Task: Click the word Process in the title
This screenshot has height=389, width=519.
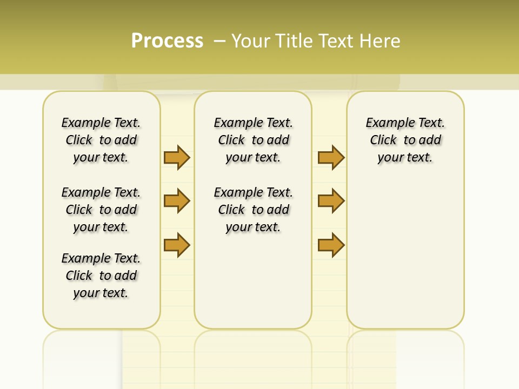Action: coord(167,41)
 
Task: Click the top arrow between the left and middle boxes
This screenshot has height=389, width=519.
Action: coord(177,157)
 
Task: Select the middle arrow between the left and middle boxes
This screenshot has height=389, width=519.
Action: coord(177,201)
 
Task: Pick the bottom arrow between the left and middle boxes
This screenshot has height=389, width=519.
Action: coord(177,245)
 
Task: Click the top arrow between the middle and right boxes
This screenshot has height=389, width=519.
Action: coord(331,157)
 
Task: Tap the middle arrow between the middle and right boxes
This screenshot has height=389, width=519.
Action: coord(331,201)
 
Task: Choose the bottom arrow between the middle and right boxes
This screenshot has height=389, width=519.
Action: coord(331,245)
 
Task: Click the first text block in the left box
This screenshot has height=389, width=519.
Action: coord(101,140)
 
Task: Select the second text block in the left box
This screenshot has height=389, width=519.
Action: coord(101,210)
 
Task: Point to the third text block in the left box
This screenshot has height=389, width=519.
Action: coord(101,276)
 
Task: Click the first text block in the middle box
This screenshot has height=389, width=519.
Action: coord(254,140)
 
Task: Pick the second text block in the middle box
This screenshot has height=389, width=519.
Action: coord(254,210)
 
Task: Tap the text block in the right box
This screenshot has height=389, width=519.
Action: coord(405,140)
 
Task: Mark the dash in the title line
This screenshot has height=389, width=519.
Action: coord(219,41)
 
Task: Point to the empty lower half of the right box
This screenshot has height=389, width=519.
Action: coord(405,259)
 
